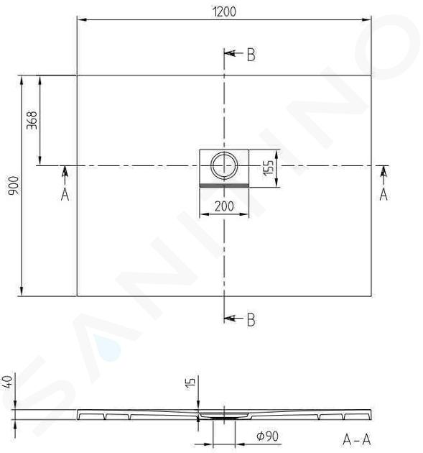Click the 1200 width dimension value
point(224,12)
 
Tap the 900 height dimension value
point(14,186)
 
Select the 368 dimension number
point(32,120)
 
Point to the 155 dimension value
point(268,168)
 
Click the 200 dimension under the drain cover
point(224,206)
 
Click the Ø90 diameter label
point(267,436)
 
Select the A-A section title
point(356,440)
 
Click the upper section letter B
point(251,55)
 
